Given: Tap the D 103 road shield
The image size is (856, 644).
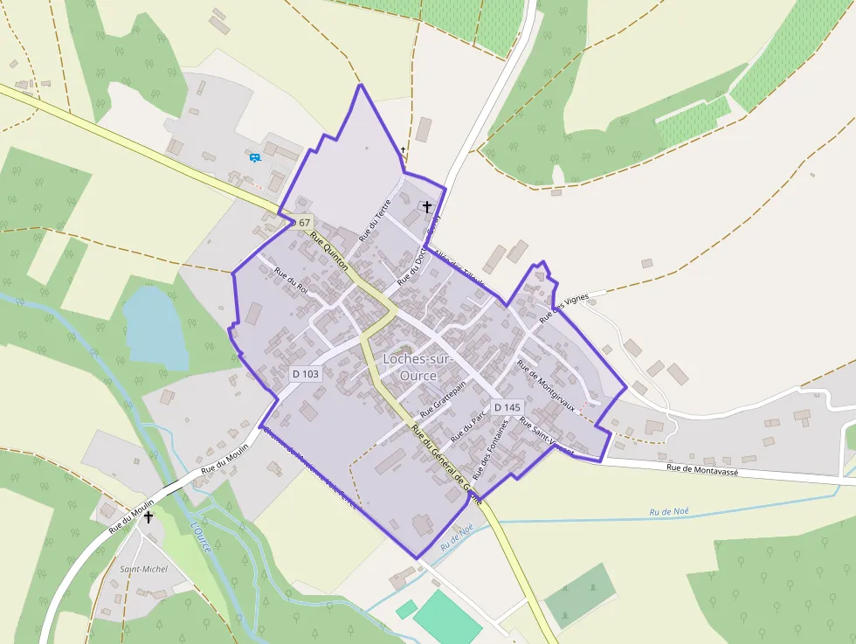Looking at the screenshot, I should pos(306,373).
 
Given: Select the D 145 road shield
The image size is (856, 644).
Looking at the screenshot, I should pos(507,407).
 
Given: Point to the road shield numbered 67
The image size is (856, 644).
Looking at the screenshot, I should pos(304,223).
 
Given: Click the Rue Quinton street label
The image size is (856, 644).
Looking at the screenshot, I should pos(329,253).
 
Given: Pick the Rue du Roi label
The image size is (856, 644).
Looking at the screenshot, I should pos(292,282).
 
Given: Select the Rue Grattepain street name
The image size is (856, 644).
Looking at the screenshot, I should pos(445,398).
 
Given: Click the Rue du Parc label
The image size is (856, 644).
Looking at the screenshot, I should pos(467,426).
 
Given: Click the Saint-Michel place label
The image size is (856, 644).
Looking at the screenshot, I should pos(143,569).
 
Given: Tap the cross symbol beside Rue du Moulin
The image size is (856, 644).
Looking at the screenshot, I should pos(148,517).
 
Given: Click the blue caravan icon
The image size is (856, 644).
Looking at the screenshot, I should pos(255,157).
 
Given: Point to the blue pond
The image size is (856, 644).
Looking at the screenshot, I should pos(155,327).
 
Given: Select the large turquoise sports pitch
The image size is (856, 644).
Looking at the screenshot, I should pos(446,618).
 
